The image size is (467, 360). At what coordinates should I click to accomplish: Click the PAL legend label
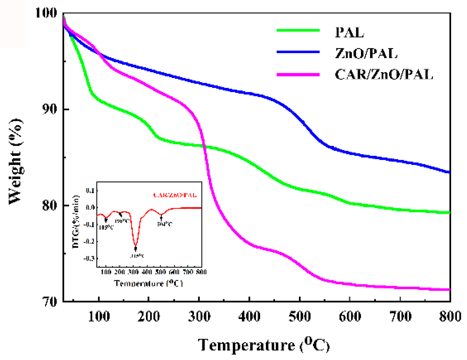[349, 32]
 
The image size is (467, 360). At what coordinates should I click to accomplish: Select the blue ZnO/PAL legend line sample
[298, 52]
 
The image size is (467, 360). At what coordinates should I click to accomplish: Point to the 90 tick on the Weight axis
[50, 109]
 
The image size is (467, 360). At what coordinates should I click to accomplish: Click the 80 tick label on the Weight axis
[50, 205]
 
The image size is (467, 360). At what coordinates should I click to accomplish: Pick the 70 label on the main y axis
[50, 302]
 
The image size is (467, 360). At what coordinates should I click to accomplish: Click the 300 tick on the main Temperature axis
[199, 316]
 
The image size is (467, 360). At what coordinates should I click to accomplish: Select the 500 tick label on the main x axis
[299, 316]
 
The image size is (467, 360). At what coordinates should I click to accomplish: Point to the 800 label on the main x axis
[450, 316]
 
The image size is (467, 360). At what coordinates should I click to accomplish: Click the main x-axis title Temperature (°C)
[263, 345]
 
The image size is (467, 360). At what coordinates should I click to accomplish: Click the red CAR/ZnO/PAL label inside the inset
[175, 195]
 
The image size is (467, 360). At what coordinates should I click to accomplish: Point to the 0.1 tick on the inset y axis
[90, 190]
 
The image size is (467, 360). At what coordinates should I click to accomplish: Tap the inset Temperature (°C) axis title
[148, 283]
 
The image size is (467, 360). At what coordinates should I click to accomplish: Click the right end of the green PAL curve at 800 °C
[449, 213]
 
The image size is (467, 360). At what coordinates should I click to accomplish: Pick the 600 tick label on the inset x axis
[174, 272]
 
